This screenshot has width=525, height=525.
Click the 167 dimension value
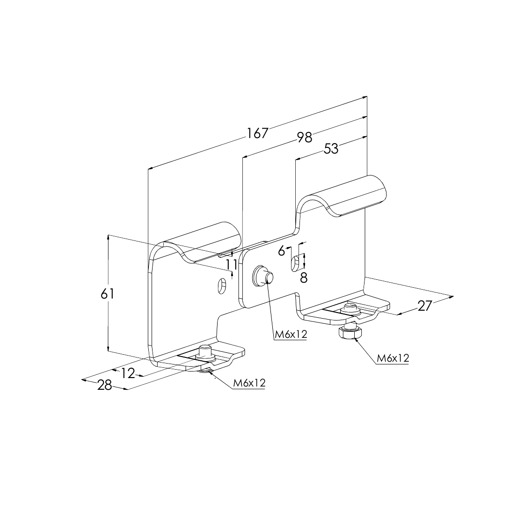(258, 133)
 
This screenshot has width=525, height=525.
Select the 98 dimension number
(304, 137)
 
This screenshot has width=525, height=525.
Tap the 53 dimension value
(331, 149)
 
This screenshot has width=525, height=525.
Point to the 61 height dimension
(108, 294)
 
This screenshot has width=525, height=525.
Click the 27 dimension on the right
(424, 306)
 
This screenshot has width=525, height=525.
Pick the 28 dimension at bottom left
(104, 386)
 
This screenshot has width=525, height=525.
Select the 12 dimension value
(128, 373)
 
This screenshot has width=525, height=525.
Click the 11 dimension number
(232, 265)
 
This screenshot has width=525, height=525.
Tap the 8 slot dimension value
(304, 278)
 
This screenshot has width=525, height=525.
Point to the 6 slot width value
(282, 250)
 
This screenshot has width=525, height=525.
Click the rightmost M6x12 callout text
(393, 358)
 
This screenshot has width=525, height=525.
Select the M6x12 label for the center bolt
(291, 334)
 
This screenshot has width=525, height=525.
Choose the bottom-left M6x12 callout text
(249, 383)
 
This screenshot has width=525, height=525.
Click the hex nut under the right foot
(350, 332)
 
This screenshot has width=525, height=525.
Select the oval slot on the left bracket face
(221, 285)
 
